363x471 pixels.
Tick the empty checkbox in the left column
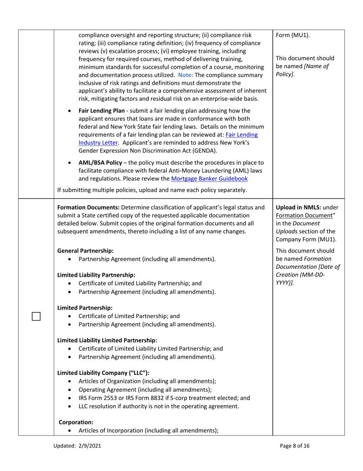pos(36,316)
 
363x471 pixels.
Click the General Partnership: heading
pos(85,251)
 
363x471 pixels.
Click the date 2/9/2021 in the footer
pos(88,446)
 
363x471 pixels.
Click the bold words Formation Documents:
pos(88,208)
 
